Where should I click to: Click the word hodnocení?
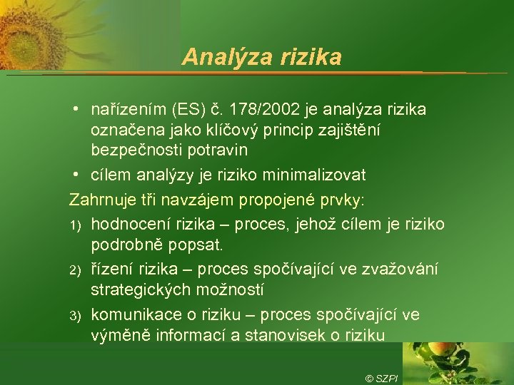127,225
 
